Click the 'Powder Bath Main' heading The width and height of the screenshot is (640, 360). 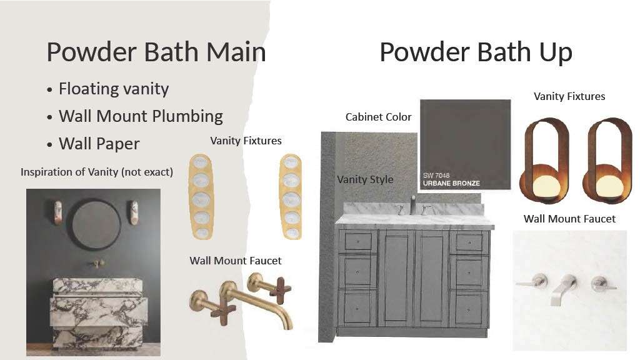[x=156, y=52]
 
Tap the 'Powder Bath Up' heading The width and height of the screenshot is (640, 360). [x=476, y=52]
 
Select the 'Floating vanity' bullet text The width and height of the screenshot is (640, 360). [x=114, y=89]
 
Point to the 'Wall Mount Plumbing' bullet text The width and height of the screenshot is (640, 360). [x=141, y=116]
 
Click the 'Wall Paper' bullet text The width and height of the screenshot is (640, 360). [x=99, y=144]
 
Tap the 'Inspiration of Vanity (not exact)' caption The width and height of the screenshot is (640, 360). [x=97, y=172]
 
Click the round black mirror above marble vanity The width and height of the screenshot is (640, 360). [x=96, y=224]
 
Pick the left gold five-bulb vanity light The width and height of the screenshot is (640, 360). [x=201, y=196]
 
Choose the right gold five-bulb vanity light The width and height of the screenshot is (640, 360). [x=291, y=196]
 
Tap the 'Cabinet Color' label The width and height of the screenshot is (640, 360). [x=378, y=117]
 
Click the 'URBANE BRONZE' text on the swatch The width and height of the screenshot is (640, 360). [x=451, y=183]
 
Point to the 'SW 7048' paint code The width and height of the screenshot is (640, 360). [x=436, y=175]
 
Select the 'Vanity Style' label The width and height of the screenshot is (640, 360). [x=365, y=179]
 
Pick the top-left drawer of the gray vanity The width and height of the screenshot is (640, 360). [x=358, y=242]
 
